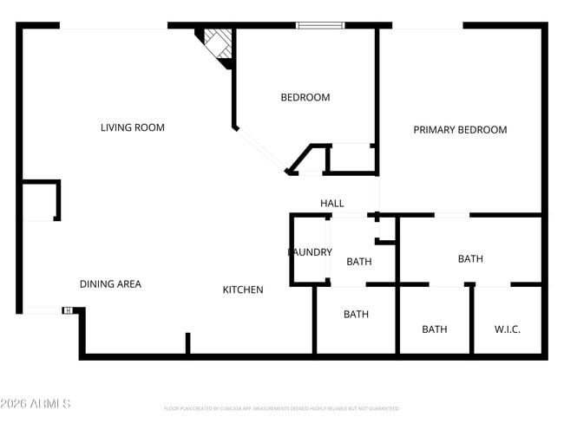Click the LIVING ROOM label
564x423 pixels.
(133, 127)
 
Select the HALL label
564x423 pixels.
(331, 203)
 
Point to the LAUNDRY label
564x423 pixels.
(310, 252)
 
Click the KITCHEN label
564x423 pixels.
(243, 290)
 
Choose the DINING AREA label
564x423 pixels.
(110, 283)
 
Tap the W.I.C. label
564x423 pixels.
(508, 329)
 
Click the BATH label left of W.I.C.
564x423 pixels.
(435, 329)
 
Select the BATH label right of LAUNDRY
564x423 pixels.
(359, 261)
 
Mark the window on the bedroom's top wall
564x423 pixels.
(320, 25)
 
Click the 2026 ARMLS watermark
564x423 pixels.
(36, 404)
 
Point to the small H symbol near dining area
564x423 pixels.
(67, 310)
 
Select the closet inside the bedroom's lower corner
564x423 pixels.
(351, 158)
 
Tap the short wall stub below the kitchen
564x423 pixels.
(187, 343)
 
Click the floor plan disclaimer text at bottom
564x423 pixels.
(281, 408)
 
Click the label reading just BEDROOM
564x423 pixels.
(305, 97)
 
